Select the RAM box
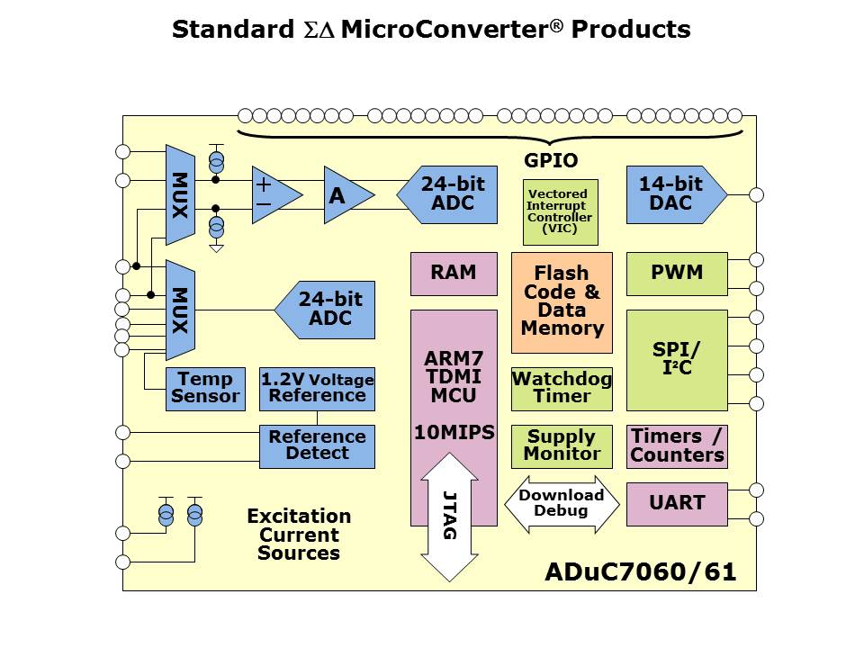(x=454, y=274)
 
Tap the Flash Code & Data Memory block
(x=562, y=301)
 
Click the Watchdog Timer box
(x=562, y=388)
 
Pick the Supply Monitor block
(x=562, y=446)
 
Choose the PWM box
(x=676, y=274)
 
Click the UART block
(x=676, y=504)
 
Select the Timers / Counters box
(x=676, y=446)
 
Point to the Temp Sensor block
(x=205, y=389)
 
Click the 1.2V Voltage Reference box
(x=317, y=389)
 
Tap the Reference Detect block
(x=317, y=446)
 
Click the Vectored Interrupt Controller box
(x=560, y=212)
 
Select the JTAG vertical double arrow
(x=449, y=517)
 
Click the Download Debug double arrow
(x=562, y=504)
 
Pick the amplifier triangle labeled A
(x=342, y=195)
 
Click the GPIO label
(x=551, y=161)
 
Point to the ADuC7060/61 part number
(x=640, y=572)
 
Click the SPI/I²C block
(x=676, y=360)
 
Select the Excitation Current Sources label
(x=299, y=535)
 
